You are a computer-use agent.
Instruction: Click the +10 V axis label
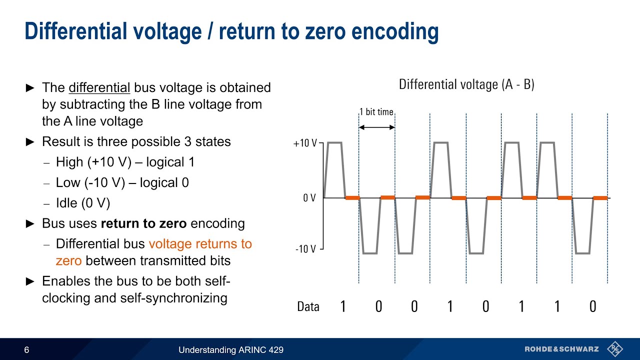click(x=305, y=143)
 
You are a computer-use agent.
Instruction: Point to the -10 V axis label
click(x=305, y=249)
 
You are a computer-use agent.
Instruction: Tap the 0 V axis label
click(x=309, y=198)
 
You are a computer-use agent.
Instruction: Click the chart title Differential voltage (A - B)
click(x=466, y=84)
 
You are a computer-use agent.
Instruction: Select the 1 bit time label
click(x=376, y=112)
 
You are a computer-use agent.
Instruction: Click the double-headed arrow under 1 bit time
click(x=377, y=127)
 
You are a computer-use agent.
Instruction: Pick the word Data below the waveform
click(x=308, y=306)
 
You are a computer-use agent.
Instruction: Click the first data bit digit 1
click(x=342, y=306)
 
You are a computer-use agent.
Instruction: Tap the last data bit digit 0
click(x=592, y=306)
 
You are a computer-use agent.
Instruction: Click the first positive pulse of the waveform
click(x=334, y=143)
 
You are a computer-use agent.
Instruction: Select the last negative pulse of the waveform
click(x=582, y=252)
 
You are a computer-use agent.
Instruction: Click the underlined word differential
click(x=99, y=87)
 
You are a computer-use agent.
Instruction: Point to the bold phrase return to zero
click(x=144, y=223)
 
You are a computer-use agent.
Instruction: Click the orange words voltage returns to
click(x=200, y=244)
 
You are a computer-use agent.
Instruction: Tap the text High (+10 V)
click(x=90, y=162)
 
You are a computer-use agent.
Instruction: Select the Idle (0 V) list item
click(x=83, y=203)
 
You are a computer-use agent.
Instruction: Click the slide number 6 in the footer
click(x=26, y=350)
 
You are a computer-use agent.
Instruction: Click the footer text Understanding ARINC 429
click(x=231, y=350)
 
